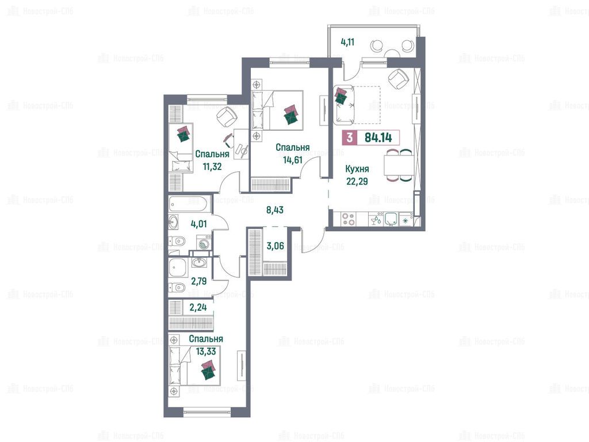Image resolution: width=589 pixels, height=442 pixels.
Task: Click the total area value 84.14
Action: click(x=378, y=138)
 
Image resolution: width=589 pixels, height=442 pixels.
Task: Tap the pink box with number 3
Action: click(x=350, y=138)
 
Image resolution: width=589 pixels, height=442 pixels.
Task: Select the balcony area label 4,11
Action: click(x=347, y=41)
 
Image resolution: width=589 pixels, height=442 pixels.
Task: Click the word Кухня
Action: click(x=357, y=169)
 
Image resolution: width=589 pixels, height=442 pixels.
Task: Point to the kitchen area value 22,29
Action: click(x=357, y=181)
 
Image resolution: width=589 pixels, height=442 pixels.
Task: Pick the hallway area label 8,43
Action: click(x=275, y=209)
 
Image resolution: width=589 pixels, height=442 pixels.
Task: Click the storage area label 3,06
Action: click(x=276, y=246)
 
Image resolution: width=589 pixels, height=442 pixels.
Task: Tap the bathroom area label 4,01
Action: click(x=198, y=224)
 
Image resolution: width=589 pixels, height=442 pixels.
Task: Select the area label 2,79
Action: click(x=198, y=281)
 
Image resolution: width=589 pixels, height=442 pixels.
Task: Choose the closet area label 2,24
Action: click(x=198, y=307)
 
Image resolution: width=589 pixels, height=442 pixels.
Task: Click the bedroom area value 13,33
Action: click(x=206, y=352)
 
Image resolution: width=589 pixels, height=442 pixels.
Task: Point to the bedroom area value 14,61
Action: click(x=293, y=160)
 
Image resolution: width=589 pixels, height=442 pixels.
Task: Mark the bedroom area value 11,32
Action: click(x=212, y=166)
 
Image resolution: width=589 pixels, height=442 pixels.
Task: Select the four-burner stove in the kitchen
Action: click(x=349, y=219)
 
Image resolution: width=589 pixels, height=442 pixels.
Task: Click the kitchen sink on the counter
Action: click(x=391, y=219)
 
